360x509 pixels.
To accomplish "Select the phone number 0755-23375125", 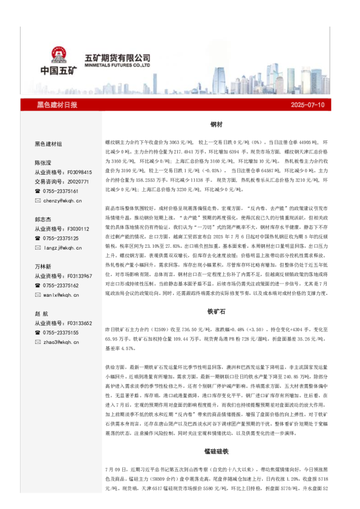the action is pos(61,238).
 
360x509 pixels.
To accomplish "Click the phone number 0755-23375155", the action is pos(61,332).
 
